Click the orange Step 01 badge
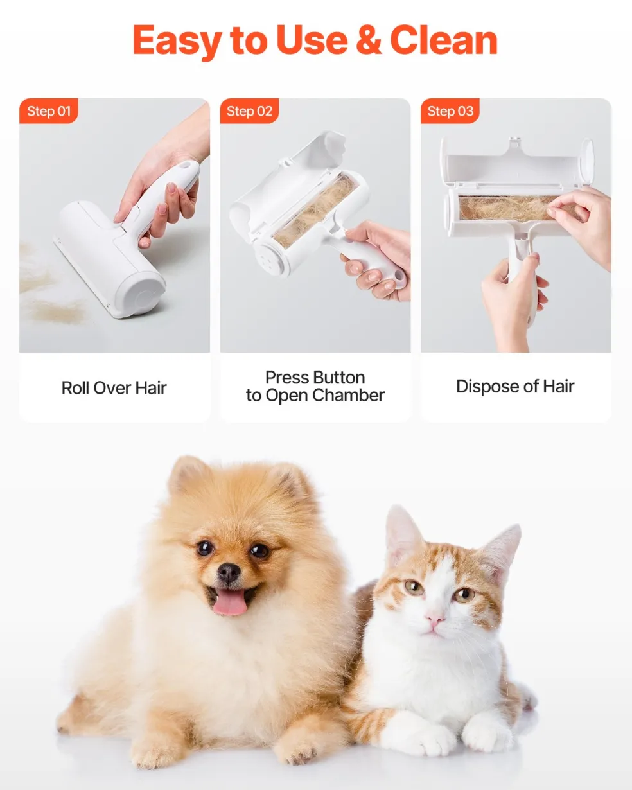(x=49, y=111)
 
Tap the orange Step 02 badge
(x=249, y=111)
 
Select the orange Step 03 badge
(x=450, y=111)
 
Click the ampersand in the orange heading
(x=369, y=40)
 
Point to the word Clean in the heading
(x=444, y=40)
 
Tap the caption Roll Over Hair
(x=114, y=388)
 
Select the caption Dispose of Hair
(x=515, y=386)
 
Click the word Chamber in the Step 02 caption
(x=349, y=396)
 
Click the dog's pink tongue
(x=229, y=604)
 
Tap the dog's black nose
(x=229, y=572)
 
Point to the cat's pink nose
(x=435, y=620)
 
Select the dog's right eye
(x=206, y=549)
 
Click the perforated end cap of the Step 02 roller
(x=269, y=259)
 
